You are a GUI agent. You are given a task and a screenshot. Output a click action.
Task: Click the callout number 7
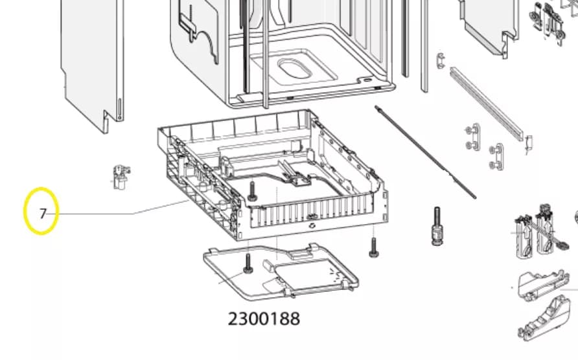[43, 213]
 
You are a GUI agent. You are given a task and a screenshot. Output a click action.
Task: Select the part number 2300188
[264, 319]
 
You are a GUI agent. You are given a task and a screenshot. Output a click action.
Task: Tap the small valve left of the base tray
[119, 177]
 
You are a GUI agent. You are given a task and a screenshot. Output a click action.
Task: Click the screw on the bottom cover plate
[248, 263]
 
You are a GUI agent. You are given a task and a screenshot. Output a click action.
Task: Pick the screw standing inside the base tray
[251, 190]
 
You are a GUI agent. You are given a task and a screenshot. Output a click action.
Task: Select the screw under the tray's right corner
[373, 246]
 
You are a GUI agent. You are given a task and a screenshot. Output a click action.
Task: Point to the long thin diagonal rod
[425, 152]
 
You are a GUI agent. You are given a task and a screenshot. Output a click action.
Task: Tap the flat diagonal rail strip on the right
[487, 104]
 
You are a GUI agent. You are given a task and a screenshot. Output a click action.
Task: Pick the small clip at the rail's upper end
[440, 60]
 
